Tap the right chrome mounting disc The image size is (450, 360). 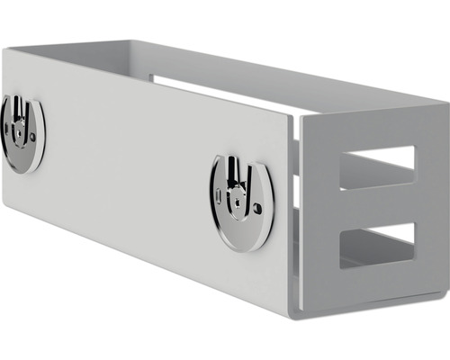pyautogui.click(x=241, y=202)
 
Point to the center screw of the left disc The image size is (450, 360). pyautogui.click(x=18, y=131)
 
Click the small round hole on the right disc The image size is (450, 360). pyautogui.click(x=257, y=207)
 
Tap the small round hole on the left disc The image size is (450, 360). pyautogui.click(x=33, y=136)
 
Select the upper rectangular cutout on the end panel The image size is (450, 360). pyautogui.click(x=377, y=167)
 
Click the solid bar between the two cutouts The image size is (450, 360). pyautogui.click(x=377, y=206)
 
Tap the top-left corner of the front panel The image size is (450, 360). pyautogui.click(x=4, y=49)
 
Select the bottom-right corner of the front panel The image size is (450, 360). pyautogui.click(x=291, y=316)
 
